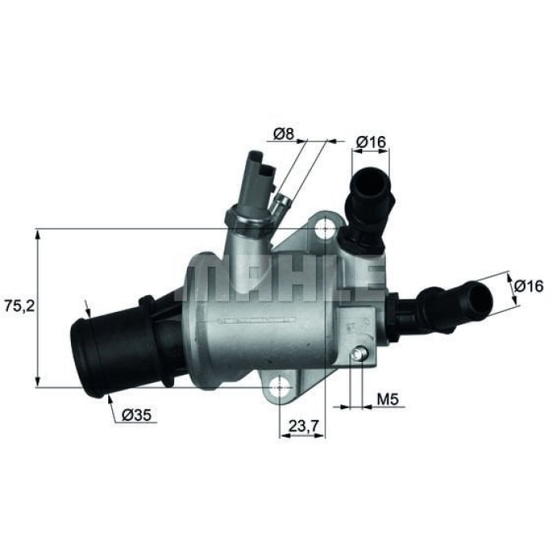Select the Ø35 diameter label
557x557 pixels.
point(137,413)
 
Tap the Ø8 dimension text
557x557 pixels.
point(282,134)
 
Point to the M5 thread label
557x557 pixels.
point(387,397)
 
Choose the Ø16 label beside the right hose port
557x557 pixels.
point(528,285)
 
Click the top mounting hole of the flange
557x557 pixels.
point(324,230)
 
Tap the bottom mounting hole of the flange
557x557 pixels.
point(279,388)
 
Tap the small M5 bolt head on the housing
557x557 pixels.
point(361,356)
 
